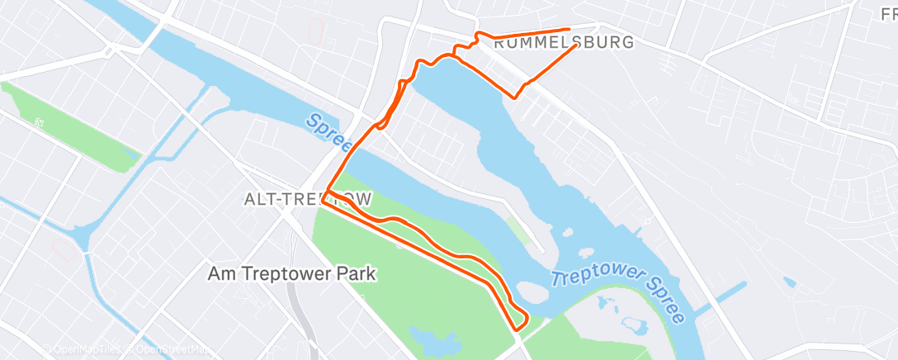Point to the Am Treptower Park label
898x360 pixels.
click(x=291, y=272)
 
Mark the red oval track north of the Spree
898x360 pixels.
click(x=315, y=31)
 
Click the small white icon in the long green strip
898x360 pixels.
click(x=39, y=121)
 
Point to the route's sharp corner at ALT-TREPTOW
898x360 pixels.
click(x=326, y=195)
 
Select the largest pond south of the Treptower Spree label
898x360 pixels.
click(x=636, y=324)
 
